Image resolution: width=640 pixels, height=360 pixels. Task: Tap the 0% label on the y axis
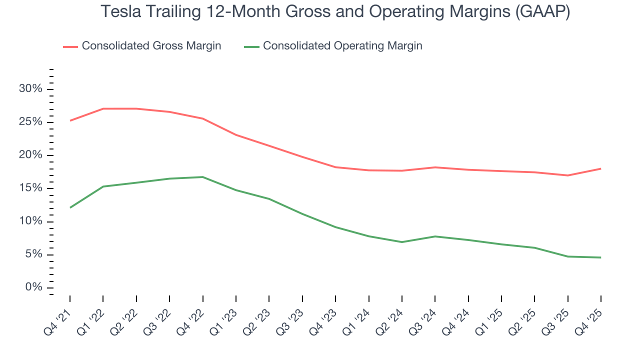[34, 287]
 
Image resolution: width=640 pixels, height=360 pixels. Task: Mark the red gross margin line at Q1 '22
[103, 108]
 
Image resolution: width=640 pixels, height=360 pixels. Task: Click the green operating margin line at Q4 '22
[202, 177]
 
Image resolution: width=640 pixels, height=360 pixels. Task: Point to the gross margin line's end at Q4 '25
[600, 168]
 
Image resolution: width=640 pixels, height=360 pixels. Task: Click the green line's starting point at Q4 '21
[70, 207]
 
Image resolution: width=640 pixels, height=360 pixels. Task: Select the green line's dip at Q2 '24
[401, 242]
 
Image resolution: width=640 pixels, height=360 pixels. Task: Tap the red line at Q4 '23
[335, 167]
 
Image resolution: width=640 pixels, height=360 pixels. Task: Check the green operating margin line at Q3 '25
[567, 256]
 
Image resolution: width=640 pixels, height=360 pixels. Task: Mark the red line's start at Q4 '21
[70, 120]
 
